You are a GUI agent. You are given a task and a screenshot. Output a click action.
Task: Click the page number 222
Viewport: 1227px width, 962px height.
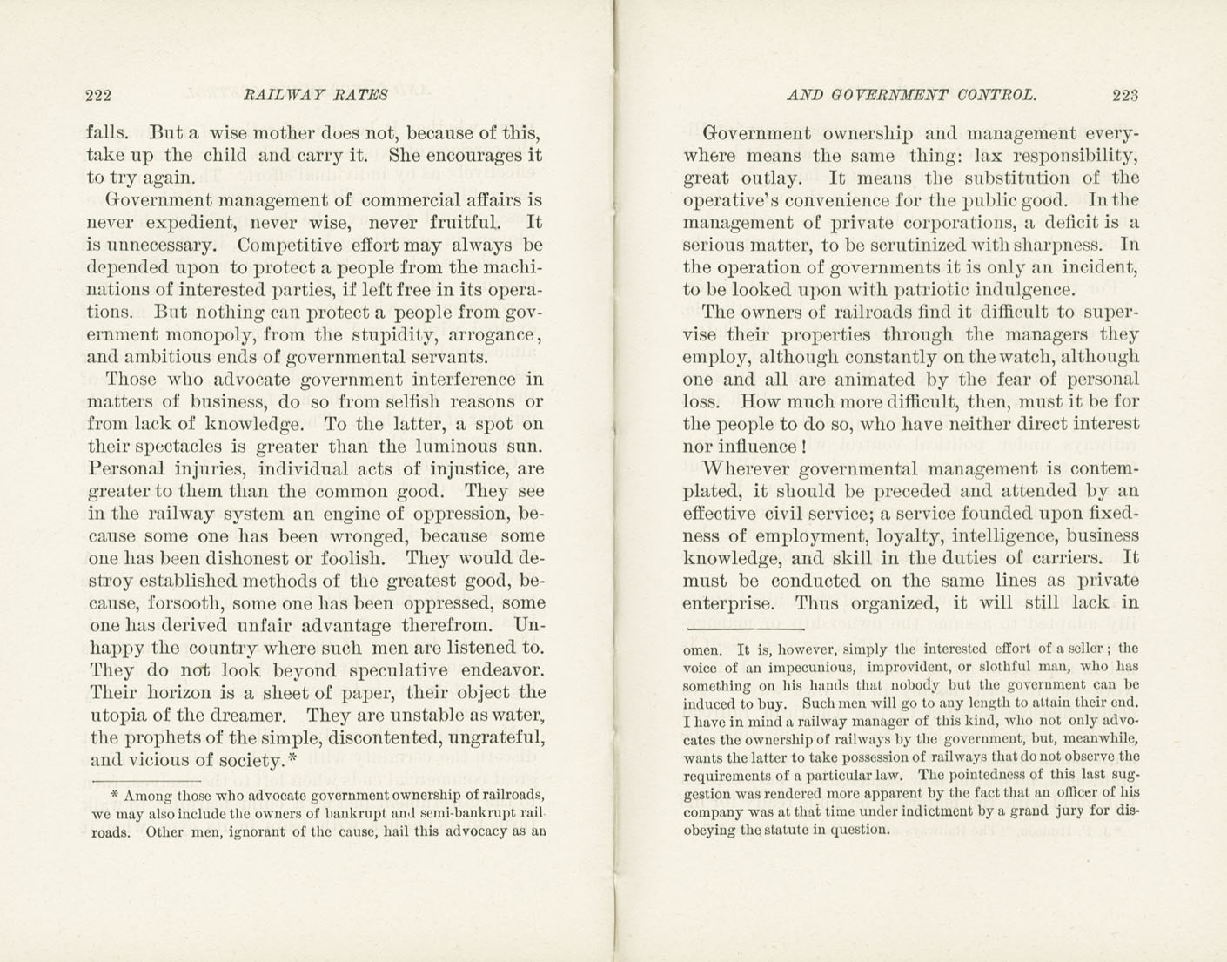pos(98,95)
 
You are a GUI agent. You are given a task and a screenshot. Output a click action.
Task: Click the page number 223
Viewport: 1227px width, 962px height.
pos(1124,95)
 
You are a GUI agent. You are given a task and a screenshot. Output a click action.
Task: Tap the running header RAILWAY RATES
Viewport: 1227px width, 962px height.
pos(316,95)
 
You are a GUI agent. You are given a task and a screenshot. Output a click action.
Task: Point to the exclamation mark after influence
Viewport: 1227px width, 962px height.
pos(802,447)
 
